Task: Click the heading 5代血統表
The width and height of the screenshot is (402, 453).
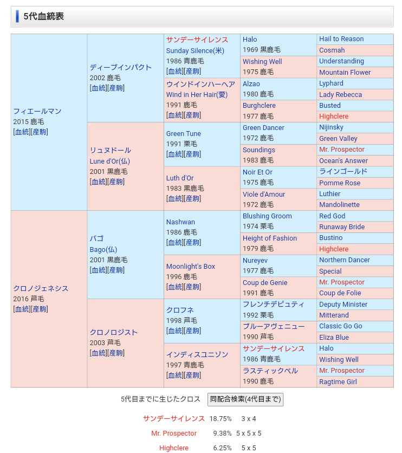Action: pyautogui.click(x=43, y=16)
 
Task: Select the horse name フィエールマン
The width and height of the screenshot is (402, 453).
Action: pyautogui.click(x=37, y=111)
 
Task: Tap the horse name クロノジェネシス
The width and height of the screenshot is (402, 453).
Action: pyautogui.click(x=41, y=288)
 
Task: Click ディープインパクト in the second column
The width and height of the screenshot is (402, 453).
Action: pyautogui.click(x=121, y=67)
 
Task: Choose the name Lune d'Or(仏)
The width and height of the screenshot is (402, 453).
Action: pyautogui.click(x=110, y=161)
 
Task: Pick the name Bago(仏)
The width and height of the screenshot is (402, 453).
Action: pyautogui.click(x=103, y=249)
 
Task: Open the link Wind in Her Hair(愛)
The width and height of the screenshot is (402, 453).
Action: pyautogui.click(x=197, y=95)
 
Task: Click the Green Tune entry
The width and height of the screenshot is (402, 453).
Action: pyautogui.click(x=184, y=133)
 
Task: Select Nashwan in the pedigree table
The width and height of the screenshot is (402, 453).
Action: pyautogui.click(x=181, y=222)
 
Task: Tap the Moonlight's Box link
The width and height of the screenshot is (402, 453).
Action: pyautogui.click(x=191, y=266)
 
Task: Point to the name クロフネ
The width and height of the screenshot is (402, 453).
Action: pyautogui.click(x=180, y=310)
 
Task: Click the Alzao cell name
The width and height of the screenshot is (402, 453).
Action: pyautogui.click(x=251, y=84)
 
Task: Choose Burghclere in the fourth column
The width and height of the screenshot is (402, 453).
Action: pyautogui.click(x=260, y=106)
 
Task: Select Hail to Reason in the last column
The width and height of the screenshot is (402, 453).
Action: pyautogui.click(x=341, y=39)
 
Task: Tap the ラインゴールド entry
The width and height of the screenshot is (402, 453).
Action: pyautogui.click(x=343, y=171)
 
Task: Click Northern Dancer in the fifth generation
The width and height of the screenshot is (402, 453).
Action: pyautogui.click(x=345, y=260)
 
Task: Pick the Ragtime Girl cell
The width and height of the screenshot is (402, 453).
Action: pyautogui.click(x=338, y=381)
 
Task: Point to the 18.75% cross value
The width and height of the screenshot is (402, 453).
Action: pyautogui.click(x=221, y=419)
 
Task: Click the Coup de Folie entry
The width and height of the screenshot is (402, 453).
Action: pyautogui.click(x=340, y=293)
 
